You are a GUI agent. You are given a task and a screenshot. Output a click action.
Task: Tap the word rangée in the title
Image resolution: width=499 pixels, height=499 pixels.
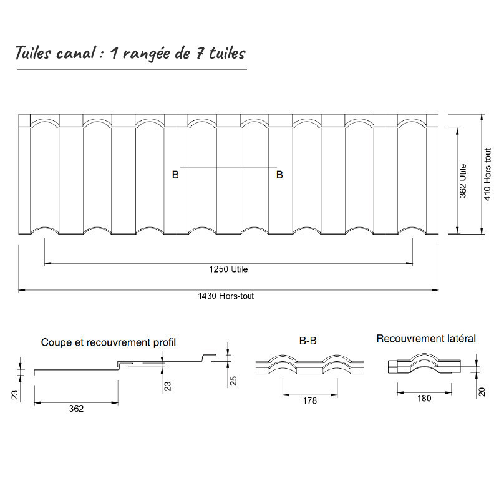tap(146, 54)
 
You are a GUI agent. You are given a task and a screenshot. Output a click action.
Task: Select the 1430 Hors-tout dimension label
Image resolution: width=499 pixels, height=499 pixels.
tap(228, 296)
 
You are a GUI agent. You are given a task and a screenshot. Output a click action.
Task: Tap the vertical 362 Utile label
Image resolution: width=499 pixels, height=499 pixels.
tap(463, 181)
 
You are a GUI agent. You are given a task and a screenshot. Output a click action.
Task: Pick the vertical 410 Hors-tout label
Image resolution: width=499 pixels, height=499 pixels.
tap(488, 174)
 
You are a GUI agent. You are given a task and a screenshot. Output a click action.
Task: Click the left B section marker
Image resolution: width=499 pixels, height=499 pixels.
tap(175, 175)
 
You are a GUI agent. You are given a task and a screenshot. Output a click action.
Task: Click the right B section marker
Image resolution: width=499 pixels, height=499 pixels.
tap(279, 175)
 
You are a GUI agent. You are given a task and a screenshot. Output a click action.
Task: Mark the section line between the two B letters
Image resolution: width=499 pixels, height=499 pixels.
tap(228, 167)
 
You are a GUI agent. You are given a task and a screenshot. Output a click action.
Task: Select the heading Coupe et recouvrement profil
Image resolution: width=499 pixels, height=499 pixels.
tap(109, 342)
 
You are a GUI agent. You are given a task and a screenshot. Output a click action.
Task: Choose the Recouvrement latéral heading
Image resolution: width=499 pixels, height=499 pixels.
tap(426, 339)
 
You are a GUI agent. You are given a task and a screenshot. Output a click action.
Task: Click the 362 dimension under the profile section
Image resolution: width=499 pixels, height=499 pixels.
tap(75, 410)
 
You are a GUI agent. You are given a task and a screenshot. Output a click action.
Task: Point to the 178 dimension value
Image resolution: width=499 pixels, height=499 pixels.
tap(309, 401)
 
